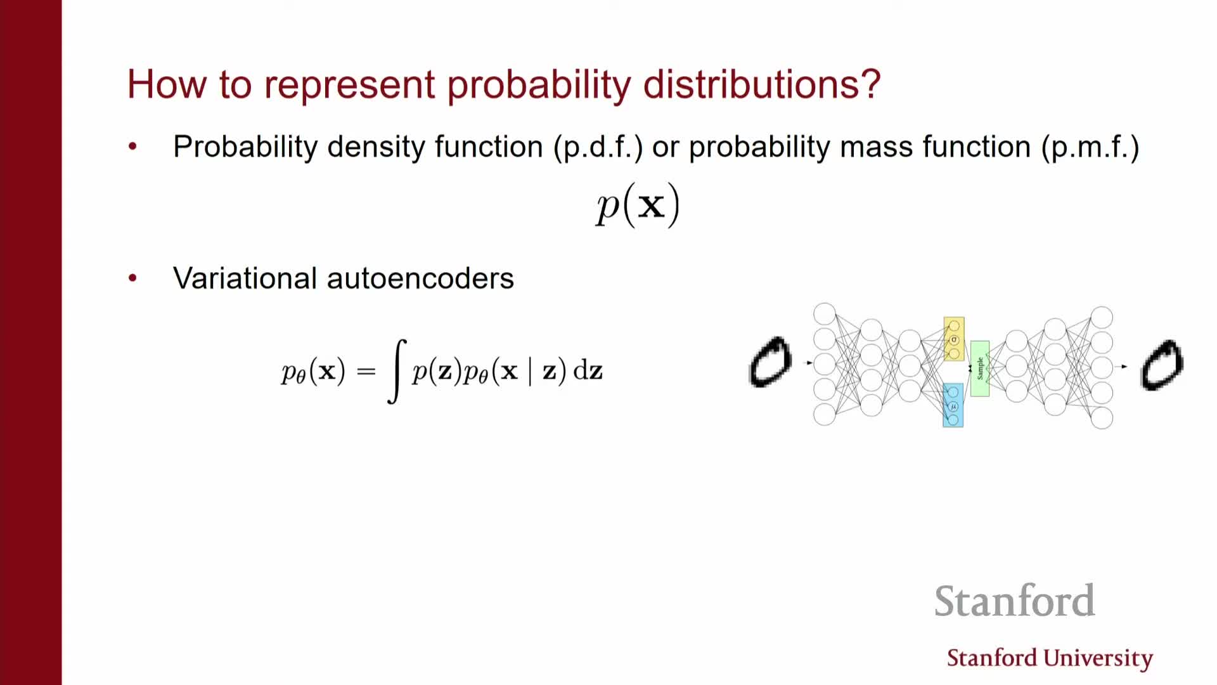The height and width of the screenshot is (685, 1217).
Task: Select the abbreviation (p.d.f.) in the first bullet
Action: click(598, 147)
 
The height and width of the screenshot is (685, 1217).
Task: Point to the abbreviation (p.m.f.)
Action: click(1090, 147)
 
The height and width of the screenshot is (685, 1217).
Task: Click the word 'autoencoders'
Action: click(420, 278)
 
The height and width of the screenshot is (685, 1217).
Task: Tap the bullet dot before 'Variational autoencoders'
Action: click(132, 278)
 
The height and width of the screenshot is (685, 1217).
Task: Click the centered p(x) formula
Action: click(638, 205)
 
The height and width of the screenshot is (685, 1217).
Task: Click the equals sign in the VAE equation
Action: click(366, 372)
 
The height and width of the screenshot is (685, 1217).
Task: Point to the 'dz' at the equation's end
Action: click(588, 370)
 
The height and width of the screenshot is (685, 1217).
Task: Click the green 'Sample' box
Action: click(980, 369)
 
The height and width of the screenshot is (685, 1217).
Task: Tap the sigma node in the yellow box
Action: click(954, 340)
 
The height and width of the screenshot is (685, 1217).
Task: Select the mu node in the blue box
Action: click(953, 407)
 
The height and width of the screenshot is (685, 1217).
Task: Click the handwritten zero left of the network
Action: click(770, 362)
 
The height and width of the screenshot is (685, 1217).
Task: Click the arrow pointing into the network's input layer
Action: click(809, 363)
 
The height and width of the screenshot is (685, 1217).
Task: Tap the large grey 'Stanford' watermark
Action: click(1015, 601)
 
